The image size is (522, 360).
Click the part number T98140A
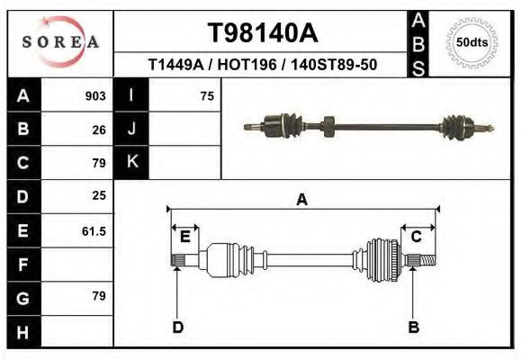(263, 33)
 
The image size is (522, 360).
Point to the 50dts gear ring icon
(472, 41)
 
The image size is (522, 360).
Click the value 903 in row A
(95, 95)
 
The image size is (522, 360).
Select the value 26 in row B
(99, 129)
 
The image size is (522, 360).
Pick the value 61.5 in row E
(94, 230)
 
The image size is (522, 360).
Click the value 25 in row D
(99, 194)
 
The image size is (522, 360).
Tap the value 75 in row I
(207, 95)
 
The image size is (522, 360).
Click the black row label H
(22, 332)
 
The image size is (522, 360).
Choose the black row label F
(22, 265)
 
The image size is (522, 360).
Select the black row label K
(131, 162)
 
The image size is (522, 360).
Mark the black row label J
(131, 129)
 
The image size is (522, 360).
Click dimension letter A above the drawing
(302, 200)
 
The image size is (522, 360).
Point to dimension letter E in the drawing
(185, 237)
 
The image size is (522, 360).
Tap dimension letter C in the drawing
(417, 237)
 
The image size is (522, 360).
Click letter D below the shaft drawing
(177, 327)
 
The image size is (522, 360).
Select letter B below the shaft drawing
(414, 327)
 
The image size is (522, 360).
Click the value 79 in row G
(99, 296)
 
